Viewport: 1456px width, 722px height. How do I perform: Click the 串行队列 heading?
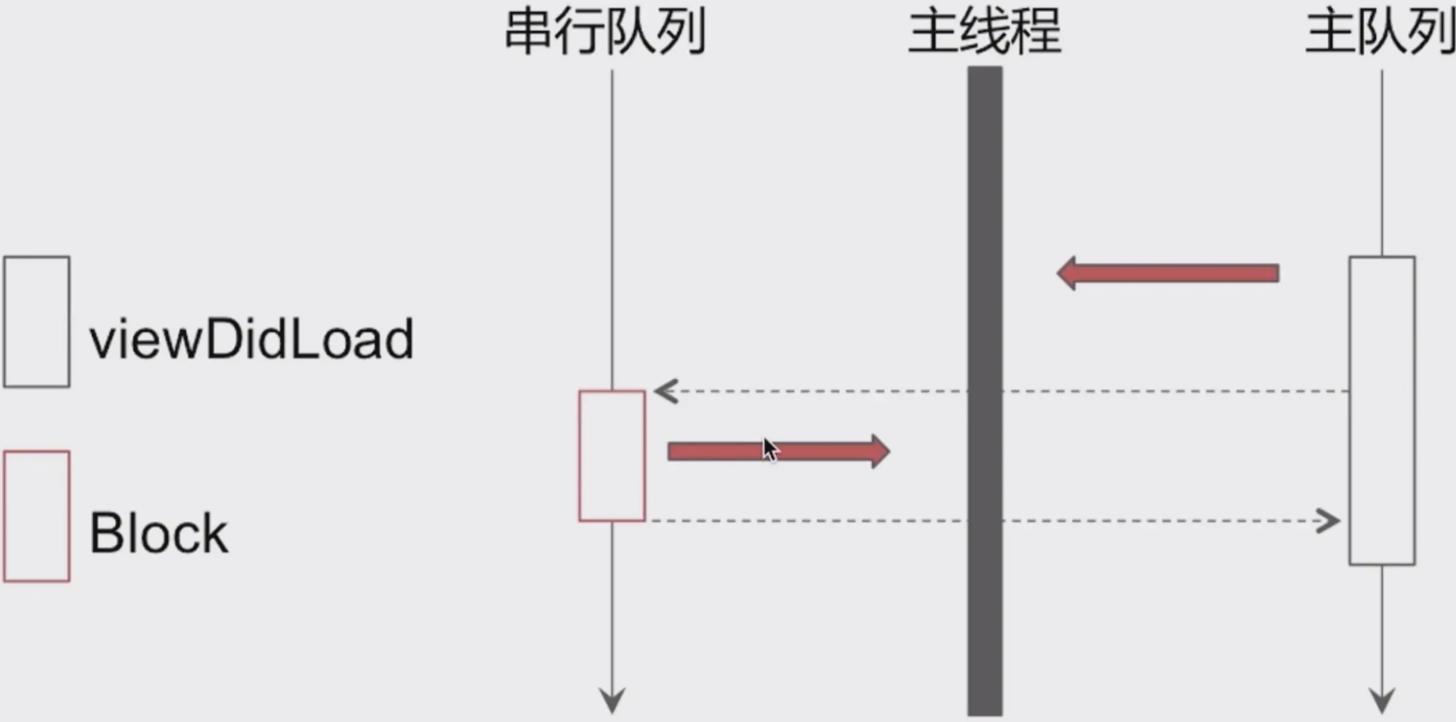pos(605,32)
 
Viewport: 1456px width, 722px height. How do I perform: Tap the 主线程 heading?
pos(984,32)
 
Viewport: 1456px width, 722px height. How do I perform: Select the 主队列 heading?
pos(1380,32)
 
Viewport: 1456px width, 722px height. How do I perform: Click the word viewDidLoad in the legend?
pos(251,339)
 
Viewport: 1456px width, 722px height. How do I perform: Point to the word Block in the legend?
pos(159,533)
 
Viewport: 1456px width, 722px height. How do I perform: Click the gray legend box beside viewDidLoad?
pos(37,322)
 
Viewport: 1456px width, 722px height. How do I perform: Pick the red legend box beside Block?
pos(37,516)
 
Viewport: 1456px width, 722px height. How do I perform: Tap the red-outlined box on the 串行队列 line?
pos(612,456)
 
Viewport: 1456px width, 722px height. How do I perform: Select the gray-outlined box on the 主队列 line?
pos(1382,411)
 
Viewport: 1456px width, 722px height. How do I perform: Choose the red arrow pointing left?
pos(1168,273)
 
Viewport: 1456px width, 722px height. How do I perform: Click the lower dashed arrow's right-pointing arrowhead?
pos(1328,522)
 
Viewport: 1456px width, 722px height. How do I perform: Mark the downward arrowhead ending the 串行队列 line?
pos(612,701)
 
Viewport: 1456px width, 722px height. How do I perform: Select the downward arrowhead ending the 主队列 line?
pos(1382,701)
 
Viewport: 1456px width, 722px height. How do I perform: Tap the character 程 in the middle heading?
pos(1036,32)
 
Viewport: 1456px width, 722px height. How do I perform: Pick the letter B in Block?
pos(104,533)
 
